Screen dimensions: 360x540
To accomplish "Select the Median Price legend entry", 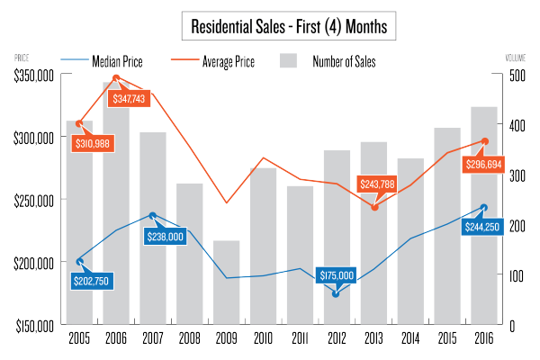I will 118,62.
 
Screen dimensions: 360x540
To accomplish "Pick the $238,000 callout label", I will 165,236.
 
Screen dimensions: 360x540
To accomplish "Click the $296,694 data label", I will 487,165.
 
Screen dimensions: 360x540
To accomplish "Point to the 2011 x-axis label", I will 299,338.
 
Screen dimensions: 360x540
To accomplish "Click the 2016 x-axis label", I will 484,338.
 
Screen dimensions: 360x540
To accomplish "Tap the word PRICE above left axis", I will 22,58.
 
